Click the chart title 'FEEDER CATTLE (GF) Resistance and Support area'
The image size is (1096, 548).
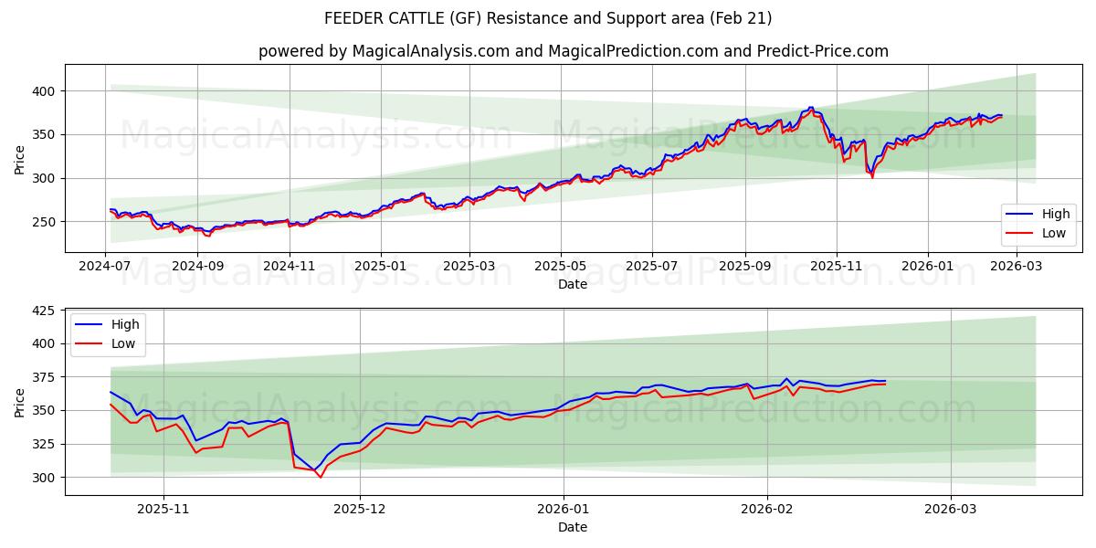click(x=548, y=18)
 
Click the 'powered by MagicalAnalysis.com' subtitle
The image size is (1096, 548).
click(x=383, y=51)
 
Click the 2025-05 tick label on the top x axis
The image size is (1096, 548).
click(x=560, y=266)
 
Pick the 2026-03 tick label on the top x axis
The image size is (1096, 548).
click(x=1017, y=266)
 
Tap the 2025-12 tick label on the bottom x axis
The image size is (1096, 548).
click(x=360, y=510)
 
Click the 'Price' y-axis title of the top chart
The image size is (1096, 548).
click(x=20, y=159)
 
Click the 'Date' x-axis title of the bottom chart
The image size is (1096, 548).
click(x=573, y=527)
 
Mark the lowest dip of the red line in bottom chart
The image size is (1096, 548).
click(x=320, y=477)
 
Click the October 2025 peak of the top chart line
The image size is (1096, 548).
click(x=810, y=108)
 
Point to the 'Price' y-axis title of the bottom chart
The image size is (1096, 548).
click(x=20, y=402)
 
